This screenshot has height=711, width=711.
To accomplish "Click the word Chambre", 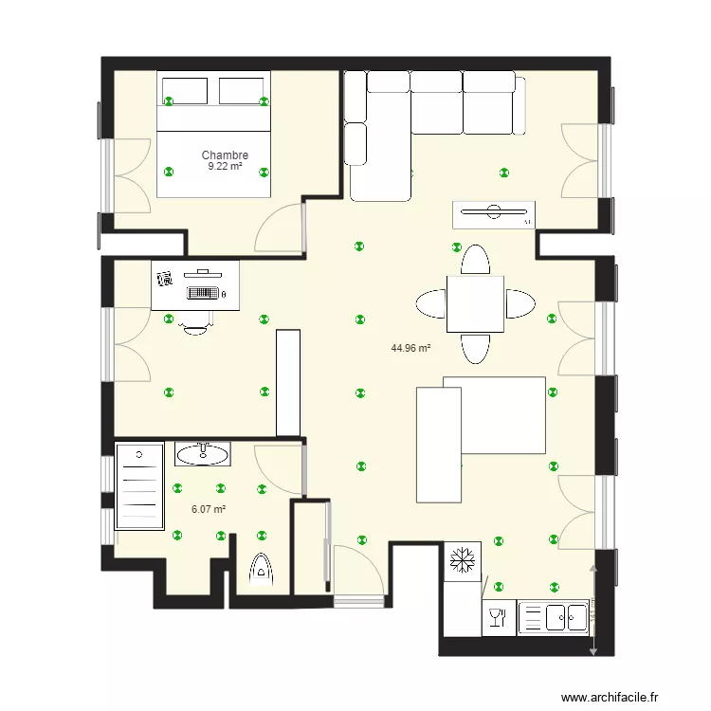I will [225, 155].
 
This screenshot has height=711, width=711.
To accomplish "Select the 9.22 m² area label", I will [225, 167].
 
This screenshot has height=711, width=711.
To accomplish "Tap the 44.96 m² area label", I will [410, 348].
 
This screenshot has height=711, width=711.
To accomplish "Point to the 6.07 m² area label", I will [209, 509].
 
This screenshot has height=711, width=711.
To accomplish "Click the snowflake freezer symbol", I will [462, 558].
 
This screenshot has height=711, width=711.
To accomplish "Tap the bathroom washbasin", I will [203, 454].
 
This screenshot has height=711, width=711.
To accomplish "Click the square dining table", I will [475, 303].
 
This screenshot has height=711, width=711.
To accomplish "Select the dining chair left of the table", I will [430, 304].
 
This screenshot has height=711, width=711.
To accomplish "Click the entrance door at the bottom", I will [358, 599].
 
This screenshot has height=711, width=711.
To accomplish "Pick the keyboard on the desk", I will [203, 293].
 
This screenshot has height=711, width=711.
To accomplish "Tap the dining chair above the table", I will [475, 260].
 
